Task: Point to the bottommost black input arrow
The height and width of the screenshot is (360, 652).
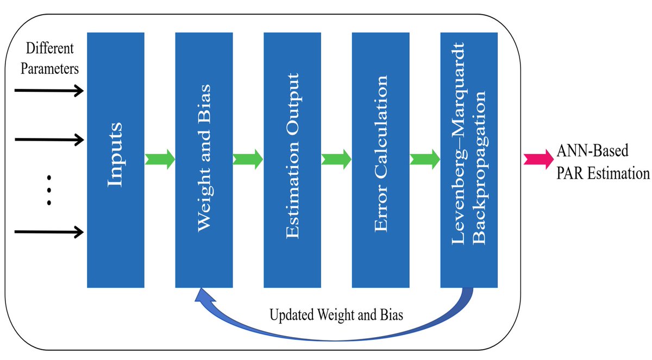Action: coord(49,232)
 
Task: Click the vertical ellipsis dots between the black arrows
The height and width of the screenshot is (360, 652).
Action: coord(49,190)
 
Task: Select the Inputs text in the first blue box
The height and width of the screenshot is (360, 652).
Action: coord(115,155)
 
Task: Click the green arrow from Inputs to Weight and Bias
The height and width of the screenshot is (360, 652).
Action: coord(160,160)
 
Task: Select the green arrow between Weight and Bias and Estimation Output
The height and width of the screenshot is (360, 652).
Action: coord(248,160)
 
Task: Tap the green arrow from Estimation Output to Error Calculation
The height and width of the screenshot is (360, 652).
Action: coord(336,160)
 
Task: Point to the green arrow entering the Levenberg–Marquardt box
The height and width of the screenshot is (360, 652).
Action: coord(424,160)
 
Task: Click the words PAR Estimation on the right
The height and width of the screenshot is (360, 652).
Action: coord(603,174)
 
